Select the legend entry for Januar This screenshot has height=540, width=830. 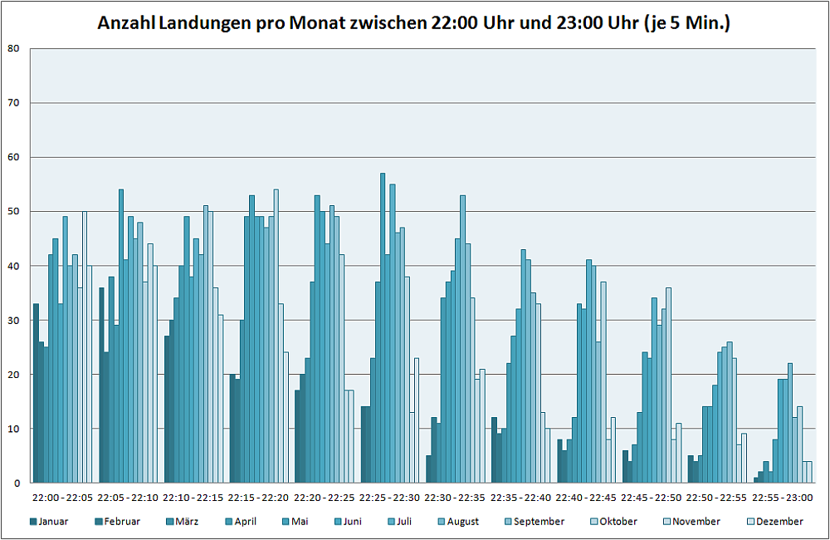[49, 522]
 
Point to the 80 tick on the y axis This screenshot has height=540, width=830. [13, 48]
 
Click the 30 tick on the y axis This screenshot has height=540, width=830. [13, 320]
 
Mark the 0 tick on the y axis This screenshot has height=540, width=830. [17, 483]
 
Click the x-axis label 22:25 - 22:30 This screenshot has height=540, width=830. [390, 498]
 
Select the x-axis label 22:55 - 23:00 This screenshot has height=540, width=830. [782, 498]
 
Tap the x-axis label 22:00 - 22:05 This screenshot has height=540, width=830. [63, 498]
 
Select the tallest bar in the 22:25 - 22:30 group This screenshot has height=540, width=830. [383, 328]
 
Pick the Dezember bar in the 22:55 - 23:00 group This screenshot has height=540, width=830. [809, 472]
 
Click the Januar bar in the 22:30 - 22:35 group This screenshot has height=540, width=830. [428, 469]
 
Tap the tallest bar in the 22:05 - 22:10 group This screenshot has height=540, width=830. [121, 336]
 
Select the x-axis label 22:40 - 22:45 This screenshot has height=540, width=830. [586, 498]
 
